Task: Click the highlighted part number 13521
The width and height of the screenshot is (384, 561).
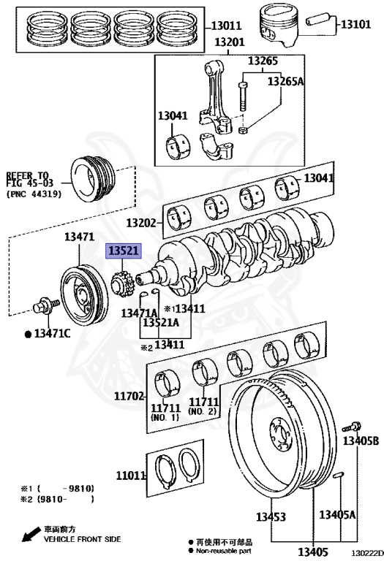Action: tap(123, 251)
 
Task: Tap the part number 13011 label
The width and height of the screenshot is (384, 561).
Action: tap(227, 26)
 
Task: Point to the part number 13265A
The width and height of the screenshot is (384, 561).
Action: tap(285, 81)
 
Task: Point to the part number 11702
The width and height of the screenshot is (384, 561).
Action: tap(129, 397)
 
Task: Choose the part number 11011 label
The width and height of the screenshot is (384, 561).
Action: tap(131, 475)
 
